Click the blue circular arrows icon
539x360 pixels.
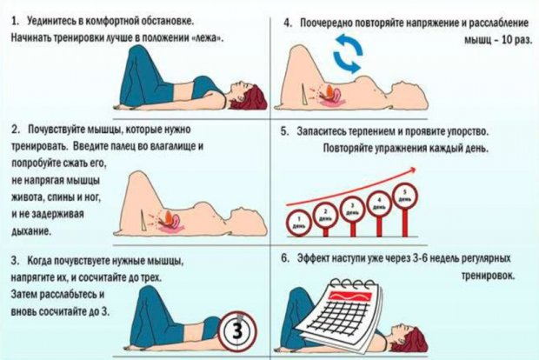[x=348, y=54]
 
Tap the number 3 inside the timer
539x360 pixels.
[x=237, y=331]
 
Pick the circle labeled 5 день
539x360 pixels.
[x=404, y=197]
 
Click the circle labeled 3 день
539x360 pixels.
[x=352, y=210]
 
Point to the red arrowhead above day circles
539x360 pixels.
[x=412, y=170]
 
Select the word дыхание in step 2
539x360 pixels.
[x=31, y=231]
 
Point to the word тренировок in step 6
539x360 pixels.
[x=488, y=276]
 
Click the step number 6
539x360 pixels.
[x=285, y=258]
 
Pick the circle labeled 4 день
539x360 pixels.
[x=379, y=203]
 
